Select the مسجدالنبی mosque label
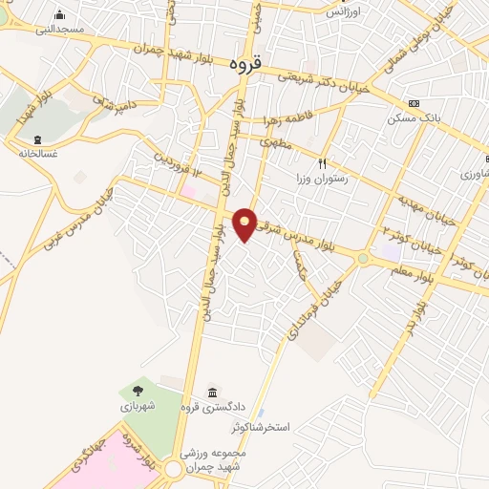[60, 30]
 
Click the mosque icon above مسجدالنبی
[60, 14]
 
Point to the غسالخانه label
[37, 152]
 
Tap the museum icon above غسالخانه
[37, 138]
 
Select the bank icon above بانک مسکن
[413, 104]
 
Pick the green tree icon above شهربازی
[138, 390]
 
